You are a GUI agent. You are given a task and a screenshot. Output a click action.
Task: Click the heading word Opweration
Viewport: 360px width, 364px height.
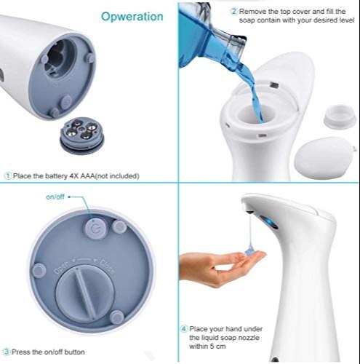click(x=132, y=17)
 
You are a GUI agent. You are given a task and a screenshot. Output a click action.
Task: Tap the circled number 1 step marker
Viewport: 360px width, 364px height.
click(x=8, y=175)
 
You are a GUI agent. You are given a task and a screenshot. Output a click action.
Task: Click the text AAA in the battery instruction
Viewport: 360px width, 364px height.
click(x=87, y=175)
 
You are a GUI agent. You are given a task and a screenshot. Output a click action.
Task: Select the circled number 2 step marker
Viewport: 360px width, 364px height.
click(x=233, y=12)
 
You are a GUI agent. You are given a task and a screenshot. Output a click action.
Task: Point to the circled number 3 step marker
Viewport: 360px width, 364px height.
click(x=7, y=352)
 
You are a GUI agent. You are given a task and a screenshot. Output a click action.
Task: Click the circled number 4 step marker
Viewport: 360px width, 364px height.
click(x=184, y=329)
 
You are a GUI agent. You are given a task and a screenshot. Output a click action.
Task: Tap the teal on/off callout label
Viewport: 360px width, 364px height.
click(x=55, y=197)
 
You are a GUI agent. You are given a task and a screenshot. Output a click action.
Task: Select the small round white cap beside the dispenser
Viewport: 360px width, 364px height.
click(x=340, y=116)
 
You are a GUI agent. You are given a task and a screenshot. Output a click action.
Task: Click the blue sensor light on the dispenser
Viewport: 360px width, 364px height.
click(x=269, y=222)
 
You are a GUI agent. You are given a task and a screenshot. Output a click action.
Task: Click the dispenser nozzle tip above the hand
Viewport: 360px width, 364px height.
click(x=249, y=213)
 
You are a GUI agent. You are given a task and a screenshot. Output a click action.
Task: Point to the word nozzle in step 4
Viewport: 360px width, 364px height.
click(x=248, y=338)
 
